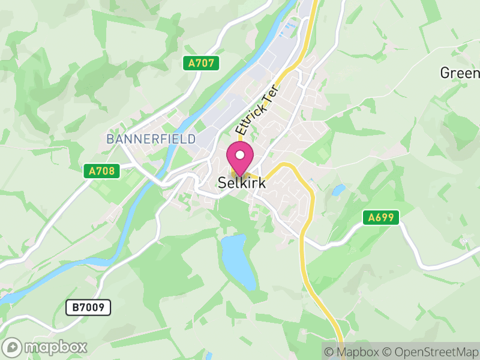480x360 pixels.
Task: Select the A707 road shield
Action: (201, 63)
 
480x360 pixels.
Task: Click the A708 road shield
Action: (101, 171)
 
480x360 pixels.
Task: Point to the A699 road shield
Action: (381, 217)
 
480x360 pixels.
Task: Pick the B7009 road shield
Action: (88, 308)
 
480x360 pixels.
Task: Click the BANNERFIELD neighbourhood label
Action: (151, 139)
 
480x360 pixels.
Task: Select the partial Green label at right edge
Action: (460, 73)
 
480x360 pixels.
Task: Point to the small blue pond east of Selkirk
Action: (338, 191)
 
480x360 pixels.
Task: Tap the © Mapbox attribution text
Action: (350, 352)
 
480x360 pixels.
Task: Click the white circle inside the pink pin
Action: (240, 155)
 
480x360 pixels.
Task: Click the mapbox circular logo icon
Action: (13, 347)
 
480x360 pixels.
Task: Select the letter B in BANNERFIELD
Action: (110, 139)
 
